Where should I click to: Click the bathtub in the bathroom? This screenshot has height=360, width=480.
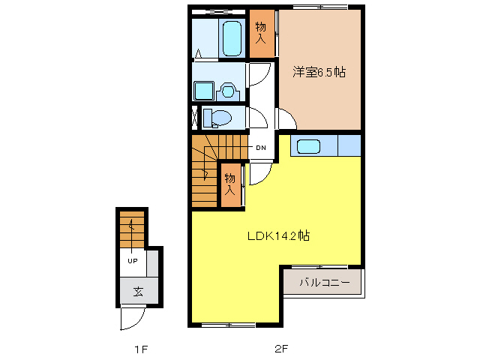pos(231,37)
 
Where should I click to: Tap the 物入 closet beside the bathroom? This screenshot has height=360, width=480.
pos(262,31)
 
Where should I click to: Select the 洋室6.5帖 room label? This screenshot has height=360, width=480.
pos(319,72)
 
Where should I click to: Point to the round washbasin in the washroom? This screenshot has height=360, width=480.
pos(228,91)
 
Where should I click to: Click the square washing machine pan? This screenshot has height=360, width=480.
pos(204,91)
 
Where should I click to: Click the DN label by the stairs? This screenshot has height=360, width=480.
pos(261,148)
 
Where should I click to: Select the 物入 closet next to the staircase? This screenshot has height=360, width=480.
pos(231,185)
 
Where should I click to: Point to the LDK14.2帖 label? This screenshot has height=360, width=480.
pos(280,235)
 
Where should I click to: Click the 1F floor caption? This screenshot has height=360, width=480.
pos(139,349)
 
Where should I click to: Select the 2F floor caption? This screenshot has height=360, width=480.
pos(280,349)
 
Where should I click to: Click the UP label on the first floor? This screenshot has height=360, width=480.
pos(132,261)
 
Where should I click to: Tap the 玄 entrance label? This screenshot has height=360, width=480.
pos(138,291)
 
